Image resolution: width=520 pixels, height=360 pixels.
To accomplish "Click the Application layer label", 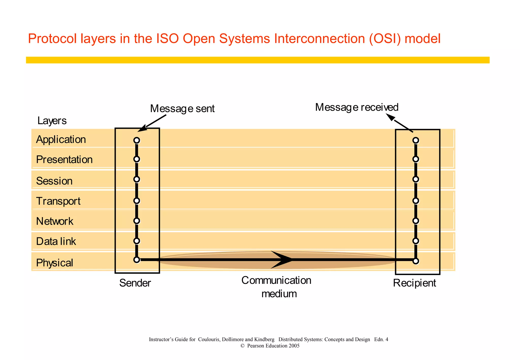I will tap(61, 140).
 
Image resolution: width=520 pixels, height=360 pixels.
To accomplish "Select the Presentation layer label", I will tap(64, 160).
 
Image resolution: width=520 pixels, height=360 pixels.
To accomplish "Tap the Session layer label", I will tap(54, 181).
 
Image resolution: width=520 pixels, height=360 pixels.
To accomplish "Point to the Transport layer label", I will tap(58, 201).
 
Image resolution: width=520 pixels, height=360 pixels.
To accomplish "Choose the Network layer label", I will tap(55, 221).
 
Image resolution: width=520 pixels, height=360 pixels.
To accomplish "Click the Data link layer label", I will tap(56, 241).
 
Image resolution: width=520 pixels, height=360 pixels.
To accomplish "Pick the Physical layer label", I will tap(55, 263).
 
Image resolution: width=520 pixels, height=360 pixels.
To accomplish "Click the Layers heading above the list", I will tap(52, 121).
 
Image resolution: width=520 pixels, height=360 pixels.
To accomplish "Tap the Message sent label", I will tap(182, 109).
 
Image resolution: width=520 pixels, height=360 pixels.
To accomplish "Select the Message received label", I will tap(357, 107).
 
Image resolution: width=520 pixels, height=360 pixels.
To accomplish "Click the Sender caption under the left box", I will tap(135, 283).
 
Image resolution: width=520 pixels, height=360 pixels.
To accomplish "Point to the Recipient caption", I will tap(414, 283).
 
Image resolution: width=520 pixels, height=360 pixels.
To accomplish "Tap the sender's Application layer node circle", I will tap(137, 140).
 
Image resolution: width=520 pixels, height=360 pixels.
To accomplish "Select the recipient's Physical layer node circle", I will tap(416, 261).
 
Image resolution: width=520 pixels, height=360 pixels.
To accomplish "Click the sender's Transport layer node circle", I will tap(137, 201).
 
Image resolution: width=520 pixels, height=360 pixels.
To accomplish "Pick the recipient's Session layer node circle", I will tap(416, 179).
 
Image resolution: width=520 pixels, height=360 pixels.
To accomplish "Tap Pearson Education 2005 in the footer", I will tap(273, 346).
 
